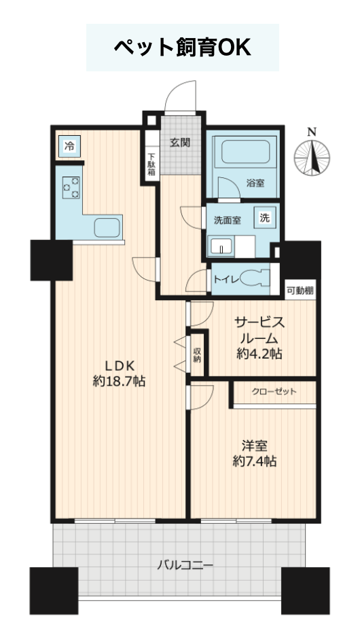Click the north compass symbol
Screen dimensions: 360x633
tap(312, 158)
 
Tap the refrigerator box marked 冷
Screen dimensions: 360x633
tap(70, 146)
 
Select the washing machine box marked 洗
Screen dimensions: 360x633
tap(264, 219)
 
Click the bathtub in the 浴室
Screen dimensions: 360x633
tap(245, 151)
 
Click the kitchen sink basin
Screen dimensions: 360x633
tap(107, 228)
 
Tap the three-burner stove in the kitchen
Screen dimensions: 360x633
tap(71, 187)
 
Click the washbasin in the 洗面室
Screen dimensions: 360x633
tap(221, 247)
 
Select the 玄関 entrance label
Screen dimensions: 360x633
tap(180, 143)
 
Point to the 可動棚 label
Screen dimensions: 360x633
tap(300, 290)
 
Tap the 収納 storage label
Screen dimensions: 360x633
tap(197, 355)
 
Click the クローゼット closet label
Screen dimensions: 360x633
tap(274, 391)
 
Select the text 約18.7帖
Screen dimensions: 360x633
tap(119, 380)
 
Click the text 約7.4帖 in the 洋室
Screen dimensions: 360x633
tap(255, 461)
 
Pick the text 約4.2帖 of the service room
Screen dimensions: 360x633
tap(259, 354)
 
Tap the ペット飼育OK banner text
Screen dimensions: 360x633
tap(183, 48)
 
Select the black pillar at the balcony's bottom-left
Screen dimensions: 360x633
tap(54, 591)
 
